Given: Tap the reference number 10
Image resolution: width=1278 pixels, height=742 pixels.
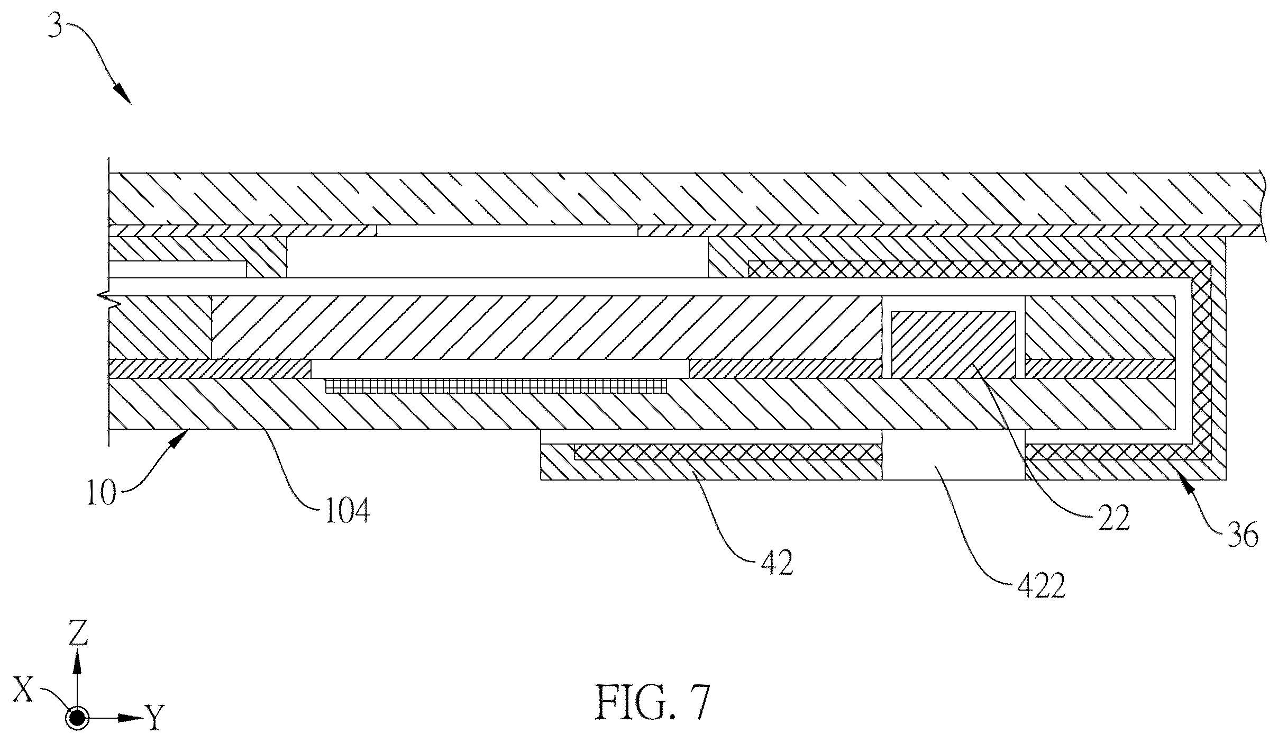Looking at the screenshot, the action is [x=101, y=494].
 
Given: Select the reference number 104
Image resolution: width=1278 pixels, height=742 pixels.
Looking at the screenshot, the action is [x=347, y=511].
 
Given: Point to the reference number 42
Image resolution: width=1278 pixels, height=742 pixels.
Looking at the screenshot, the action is [x=777, y=564].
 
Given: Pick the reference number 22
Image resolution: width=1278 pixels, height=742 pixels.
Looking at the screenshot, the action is [x=1114, y=518].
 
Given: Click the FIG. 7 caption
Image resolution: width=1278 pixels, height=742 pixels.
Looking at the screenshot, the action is [x=652, y=702].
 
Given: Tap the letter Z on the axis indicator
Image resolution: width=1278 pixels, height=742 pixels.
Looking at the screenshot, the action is [x=78, y=633].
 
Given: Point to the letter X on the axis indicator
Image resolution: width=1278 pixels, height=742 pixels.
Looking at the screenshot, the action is [x=23, y=690].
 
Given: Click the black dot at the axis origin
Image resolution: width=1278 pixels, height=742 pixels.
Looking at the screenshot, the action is [x=78, y=718].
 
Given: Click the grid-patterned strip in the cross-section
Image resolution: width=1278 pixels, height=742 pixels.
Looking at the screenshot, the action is [x=497, y=385].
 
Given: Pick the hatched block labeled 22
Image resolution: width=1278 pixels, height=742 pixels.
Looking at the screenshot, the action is [x=954, y=345].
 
